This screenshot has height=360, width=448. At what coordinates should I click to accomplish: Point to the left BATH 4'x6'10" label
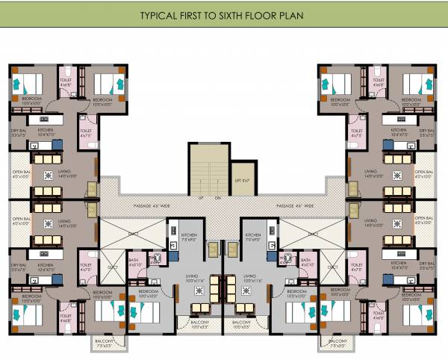coord(135,262)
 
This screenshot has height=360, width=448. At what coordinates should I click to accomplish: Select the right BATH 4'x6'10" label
coord(306,262)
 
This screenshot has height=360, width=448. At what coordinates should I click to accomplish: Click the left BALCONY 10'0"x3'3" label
coord(198,324)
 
